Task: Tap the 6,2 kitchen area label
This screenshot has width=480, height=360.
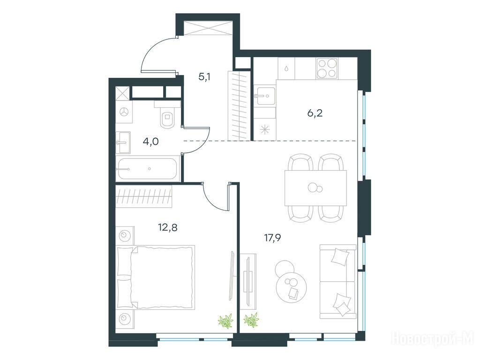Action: click(x=315, y=113)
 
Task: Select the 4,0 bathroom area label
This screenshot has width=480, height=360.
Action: click(x=151, y=142)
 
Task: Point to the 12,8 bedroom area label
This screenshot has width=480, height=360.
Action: click(x=168, y=227)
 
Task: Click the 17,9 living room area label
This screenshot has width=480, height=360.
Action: click(x=273, y=237)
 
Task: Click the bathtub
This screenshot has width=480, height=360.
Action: click(x=147, y=169)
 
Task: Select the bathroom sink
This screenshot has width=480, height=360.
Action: click(x=123, y=142)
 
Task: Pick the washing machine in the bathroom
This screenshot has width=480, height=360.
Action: click(x=124, y=112)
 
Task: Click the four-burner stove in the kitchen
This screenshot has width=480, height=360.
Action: click(x=327, y=68)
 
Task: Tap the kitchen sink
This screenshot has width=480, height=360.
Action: click(x=264, y=96)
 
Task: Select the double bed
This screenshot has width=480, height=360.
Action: click(x=156, y=277)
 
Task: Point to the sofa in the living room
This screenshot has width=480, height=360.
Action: click(x=338, y=282)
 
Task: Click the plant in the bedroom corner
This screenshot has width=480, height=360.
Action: click(x=225, y=321)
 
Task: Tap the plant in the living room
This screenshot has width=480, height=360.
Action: click(x=251, y=320)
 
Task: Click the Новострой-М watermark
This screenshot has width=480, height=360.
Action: click(x=433, y=338)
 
